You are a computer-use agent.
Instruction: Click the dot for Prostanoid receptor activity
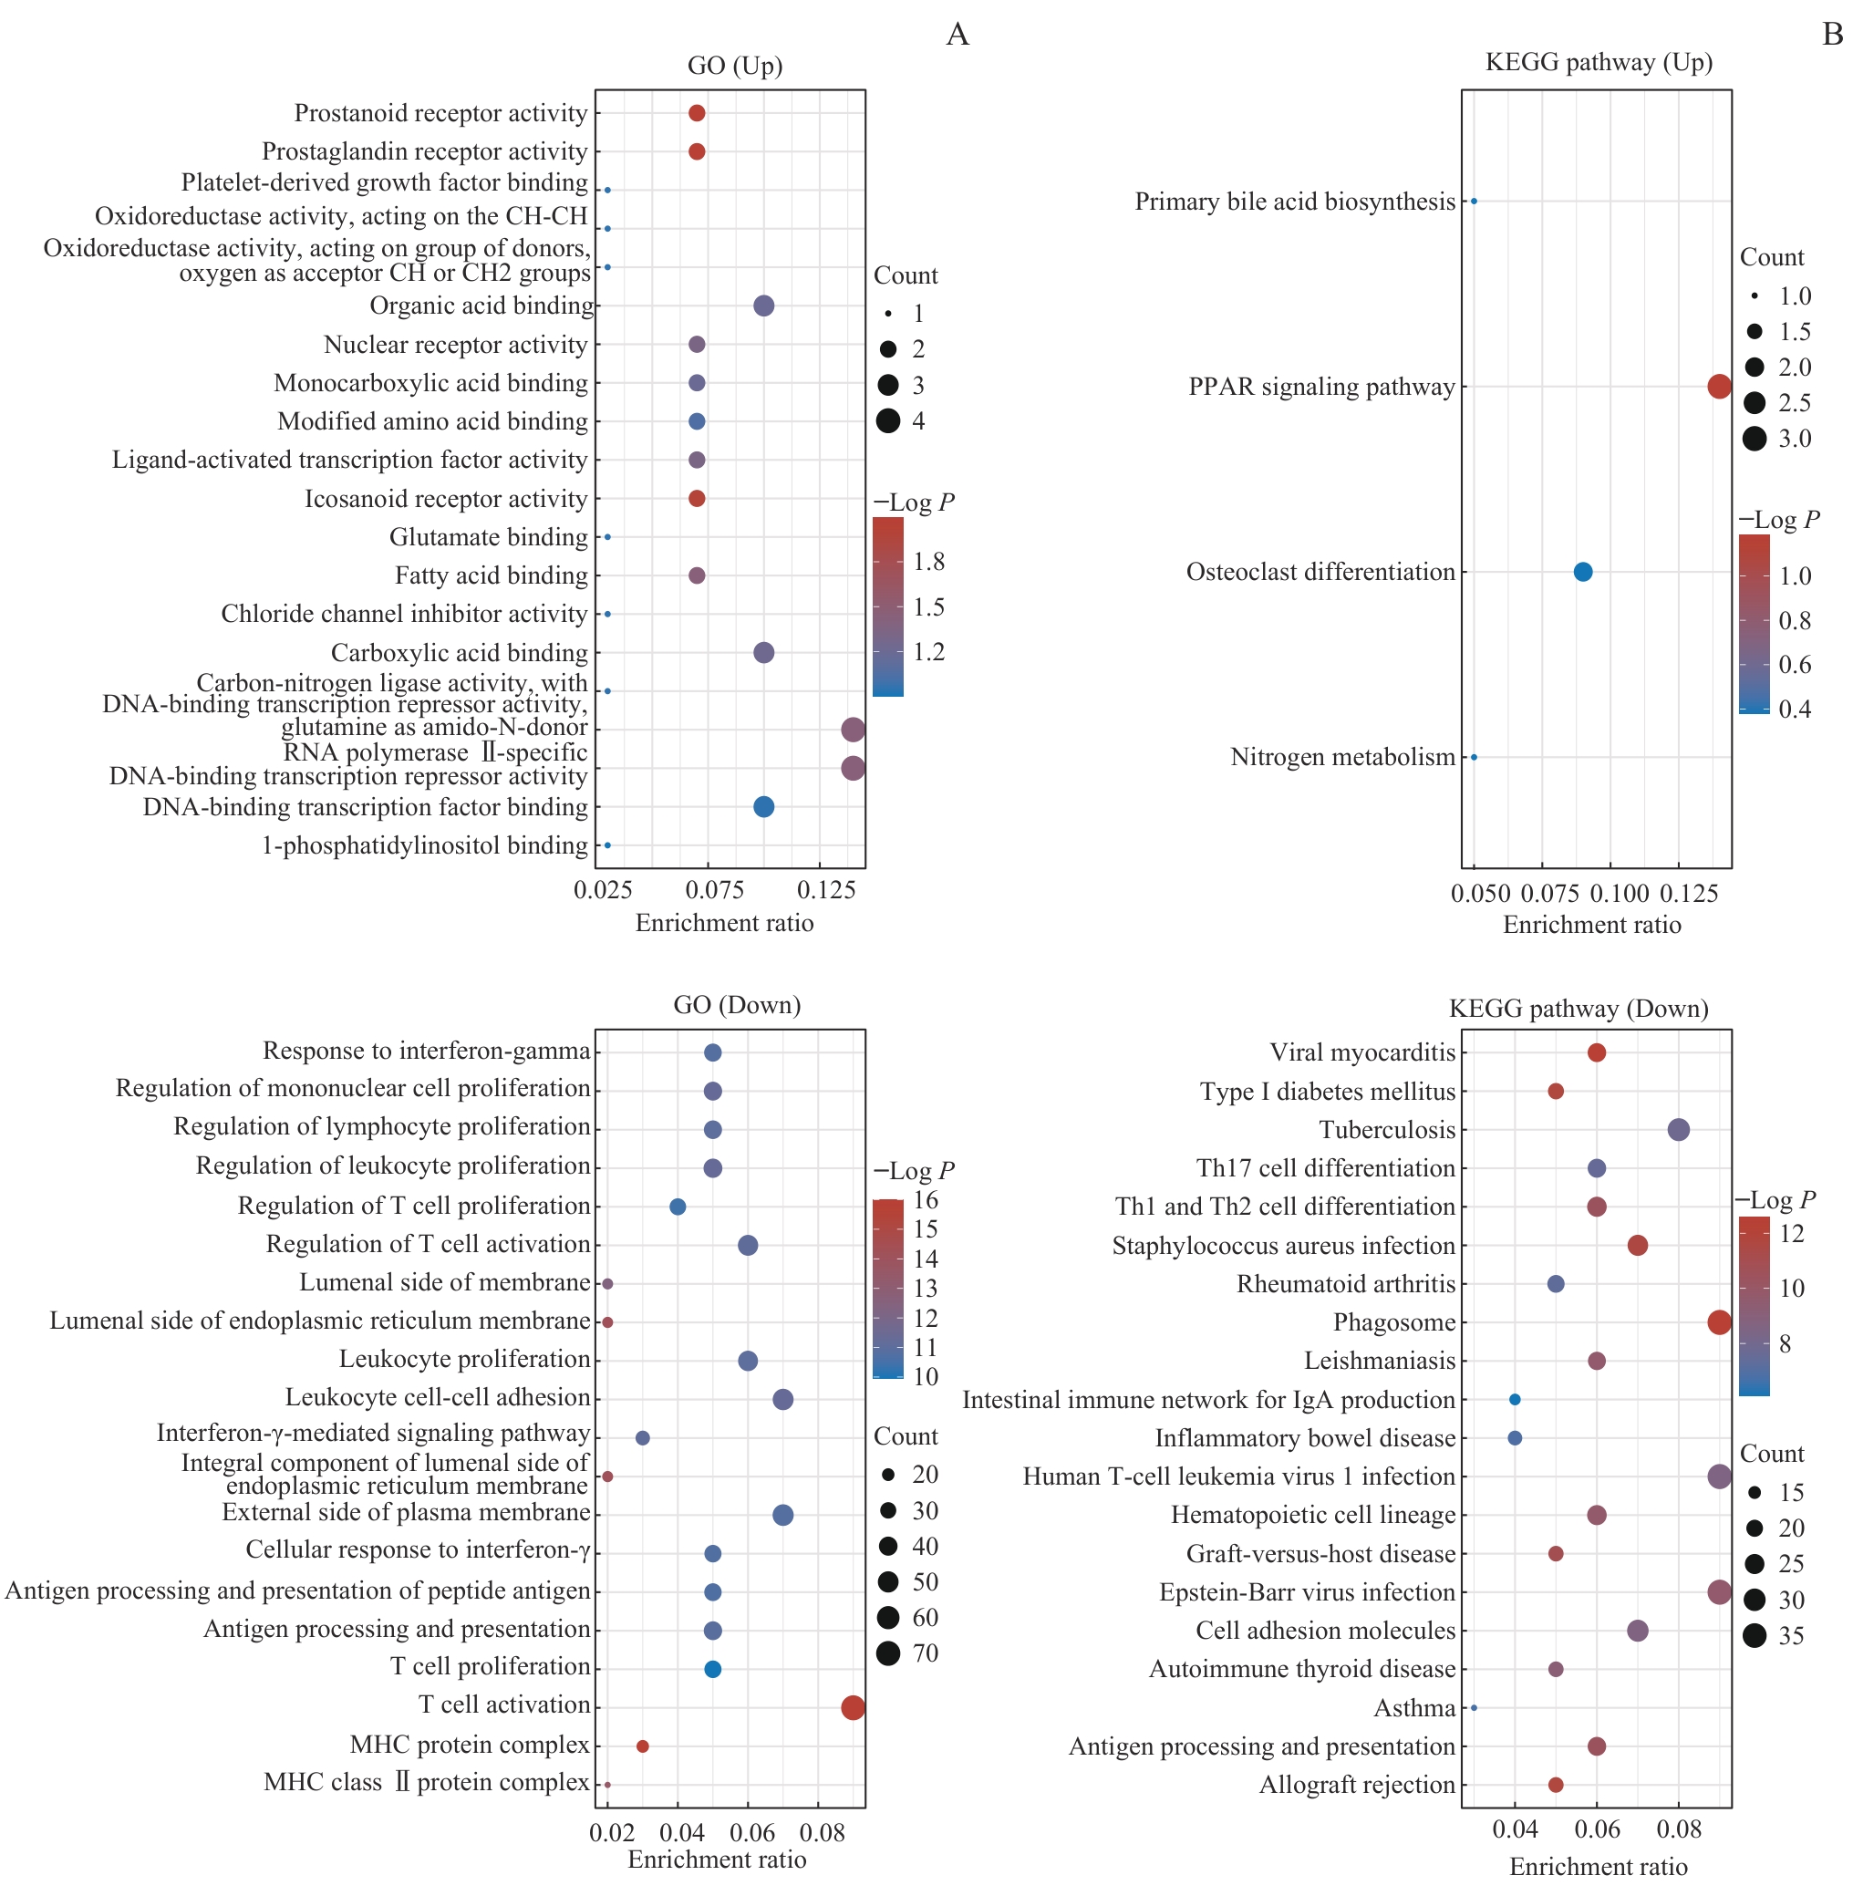tap(697, 113)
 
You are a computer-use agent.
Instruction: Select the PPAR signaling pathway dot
tap(1719, 387)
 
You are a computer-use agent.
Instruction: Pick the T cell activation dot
tap(853, 1707)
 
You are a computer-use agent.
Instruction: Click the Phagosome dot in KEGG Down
tap(1719, 1321)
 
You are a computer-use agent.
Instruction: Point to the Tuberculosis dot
tap(1678, 1130)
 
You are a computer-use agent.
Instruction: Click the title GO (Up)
tap(735, 66)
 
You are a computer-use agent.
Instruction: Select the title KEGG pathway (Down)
tap(1578, 1009)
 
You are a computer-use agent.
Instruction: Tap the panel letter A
tap(958, 35)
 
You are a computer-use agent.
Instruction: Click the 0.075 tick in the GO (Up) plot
tap(714, 889)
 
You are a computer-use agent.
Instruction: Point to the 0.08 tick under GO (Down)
tap(823, 1834)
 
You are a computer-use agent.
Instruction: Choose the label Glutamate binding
tap(489, 537)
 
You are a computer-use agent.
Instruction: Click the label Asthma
tap(1414, 1708)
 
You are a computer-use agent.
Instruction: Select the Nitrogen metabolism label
tap(1342, 756)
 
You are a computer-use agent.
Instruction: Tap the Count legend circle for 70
tap(887, 1653)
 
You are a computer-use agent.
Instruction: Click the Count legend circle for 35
tap(1754, 1635)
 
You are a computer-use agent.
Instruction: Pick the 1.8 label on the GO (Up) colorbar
tap(928, 562)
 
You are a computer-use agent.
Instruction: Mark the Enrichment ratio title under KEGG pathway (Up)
tap(1591, 925)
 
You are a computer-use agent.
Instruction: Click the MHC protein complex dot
tap(642, 1746)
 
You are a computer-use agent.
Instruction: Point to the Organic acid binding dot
tap(764, 306)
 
